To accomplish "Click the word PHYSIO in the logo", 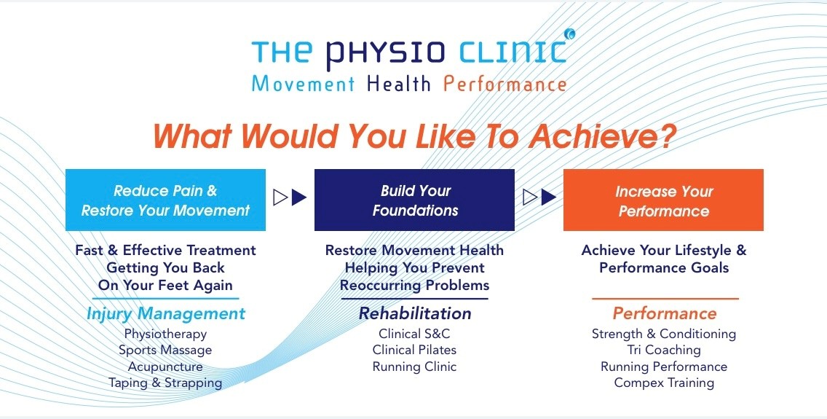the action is (384, 52).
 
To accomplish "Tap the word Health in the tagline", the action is (399, 84).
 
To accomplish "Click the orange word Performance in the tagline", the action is (504, 84).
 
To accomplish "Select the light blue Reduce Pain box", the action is (165, 200).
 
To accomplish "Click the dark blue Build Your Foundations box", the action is (414, 200).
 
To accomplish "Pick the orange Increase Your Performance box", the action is (663, 200).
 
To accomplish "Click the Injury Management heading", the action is (165, 314).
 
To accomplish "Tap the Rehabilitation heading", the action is (414, 313).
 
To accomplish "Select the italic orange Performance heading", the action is (665, 313).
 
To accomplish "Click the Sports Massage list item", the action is (165, 351).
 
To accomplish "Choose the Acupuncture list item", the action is (165, 367).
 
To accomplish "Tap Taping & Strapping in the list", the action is (165, 383).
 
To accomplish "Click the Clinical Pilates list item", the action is (414, 350).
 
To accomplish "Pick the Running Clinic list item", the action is (414, 367).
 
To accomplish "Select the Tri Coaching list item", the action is (664, 350).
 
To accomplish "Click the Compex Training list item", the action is (664, 383).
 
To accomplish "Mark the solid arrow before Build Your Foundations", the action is (299, 197).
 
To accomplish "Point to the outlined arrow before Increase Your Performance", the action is (530, 197).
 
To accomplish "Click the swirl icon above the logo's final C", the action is (569, 34).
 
